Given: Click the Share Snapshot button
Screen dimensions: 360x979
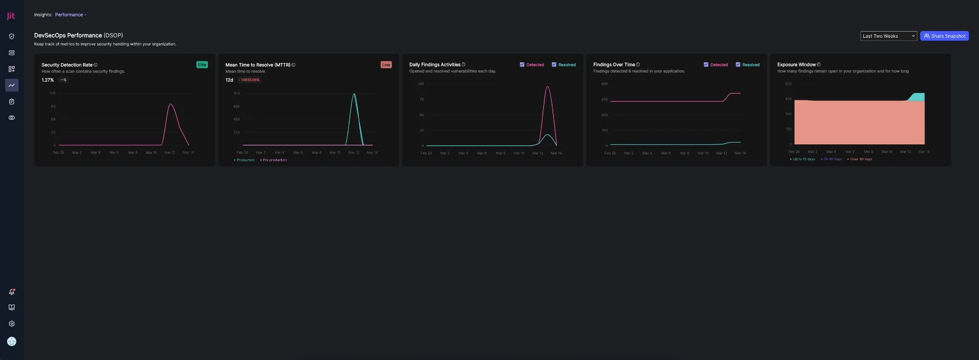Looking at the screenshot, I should click(x=944, y=36).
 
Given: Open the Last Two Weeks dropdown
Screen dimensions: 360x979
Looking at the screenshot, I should click(x=888, y=36).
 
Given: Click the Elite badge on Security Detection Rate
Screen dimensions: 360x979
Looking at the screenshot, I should click(x=202, y=65).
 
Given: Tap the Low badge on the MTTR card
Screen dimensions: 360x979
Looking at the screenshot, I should click(x=386, y=65).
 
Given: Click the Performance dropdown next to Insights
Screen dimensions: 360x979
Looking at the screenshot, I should click(x=70, y=15).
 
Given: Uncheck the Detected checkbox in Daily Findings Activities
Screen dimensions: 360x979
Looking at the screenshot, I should click(x=522, y=65).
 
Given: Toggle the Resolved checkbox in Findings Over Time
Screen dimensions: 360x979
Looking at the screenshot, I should click(x=738, y=65).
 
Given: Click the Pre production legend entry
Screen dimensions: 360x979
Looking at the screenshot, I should click(x=274, y=160).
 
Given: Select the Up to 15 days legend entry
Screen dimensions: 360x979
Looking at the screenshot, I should click(x=804, y=159).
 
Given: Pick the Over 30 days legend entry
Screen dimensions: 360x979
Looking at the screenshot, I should click(x=860, y=159).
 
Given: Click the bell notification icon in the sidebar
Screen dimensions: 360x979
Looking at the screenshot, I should click(x=11, y=292).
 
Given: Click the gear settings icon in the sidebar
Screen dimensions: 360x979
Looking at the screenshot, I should click(x=11, y=324).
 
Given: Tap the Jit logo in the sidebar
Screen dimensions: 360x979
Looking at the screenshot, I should click(x=11, y=16).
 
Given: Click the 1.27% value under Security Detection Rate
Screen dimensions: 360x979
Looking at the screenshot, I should click(x=47, y=80).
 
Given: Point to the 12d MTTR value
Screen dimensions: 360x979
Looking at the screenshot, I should click(x=229, y=80).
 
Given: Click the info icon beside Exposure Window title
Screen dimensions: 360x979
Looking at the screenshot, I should click(x=819, y=65).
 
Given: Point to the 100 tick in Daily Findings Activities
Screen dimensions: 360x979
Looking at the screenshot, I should click(x=421, y=84).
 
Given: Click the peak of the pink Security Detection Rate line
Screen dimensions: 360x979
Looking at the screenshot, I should click(x=171, y=104).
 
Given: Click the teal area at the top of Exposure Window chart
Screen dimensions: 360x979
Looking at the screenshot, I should click(x=918, y=97).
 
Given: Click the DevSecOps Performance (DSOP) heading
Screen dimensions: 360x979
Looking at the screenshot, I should click(x=78, y=35).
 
